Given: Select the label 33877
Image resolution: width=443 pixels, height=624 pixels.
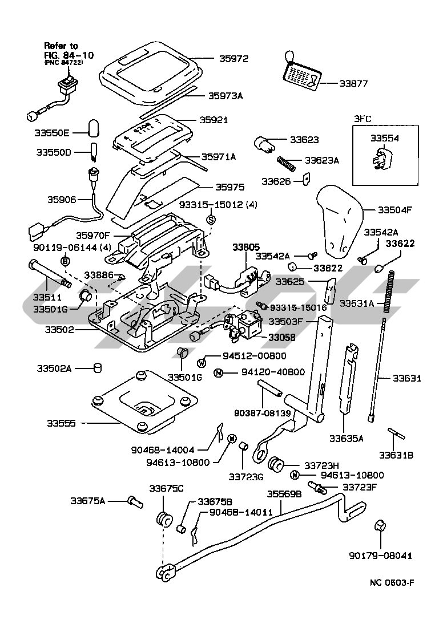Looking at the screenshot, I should click(354, 83).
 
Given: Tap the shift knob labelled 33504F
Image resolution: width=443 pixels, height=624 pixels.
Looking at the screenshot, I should click(341, 220).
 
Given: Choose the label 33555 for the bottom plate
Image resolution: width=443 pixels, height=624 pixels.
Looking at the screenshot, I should click(62, 424).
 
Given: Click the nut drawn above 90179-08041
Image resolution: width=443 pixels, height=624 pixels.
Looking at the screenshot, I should click(381, 526).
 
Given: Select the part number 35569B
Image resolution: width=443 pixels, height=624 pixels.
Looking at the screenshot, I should click(284, 494).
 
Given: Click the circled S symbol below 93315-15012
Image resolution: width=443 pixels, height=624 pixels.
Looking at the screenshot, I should click(210, 219).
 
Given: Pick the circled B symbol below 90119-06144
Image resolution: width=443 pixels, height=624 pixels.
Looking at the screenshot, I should click(65, 261).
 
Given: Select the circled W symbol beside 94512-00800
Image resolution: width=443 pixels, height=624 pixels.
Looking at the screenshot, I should click(201, 362).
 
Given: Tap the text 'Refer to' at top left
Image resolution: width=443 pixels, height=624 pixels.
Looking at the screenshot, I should click(62, 45).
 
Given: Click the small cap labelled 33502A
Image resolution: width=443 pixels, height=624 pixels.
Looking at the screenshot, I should click(97, 368).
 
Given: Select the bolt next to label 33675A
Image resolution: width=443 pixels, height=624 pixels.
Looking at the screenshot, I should click(135, 502).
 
